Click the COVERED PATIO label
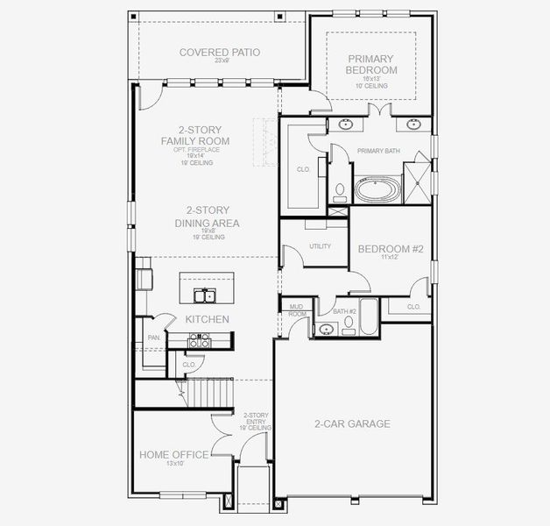[x=220, y=53]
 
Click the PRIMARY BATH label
[x=378, y=151]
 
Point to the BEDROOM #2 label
[x=391, y=249]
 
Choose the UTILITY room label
[x=320, y=246]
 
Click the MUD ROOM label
[x=298, y=309]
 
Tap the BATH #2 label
[x=345, y=311]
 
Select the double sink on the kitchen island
[x=207, y=295]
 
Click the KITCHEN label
[x=207, y=319]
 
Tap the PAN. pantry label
[x=153, y=338]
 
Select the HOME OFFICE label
[x=173, y=454]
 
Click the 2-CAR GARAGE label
[x=352, y=423]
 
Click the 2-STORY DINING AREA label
[x=207, y=217]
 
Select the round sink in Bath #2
[x=327, y=330]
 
